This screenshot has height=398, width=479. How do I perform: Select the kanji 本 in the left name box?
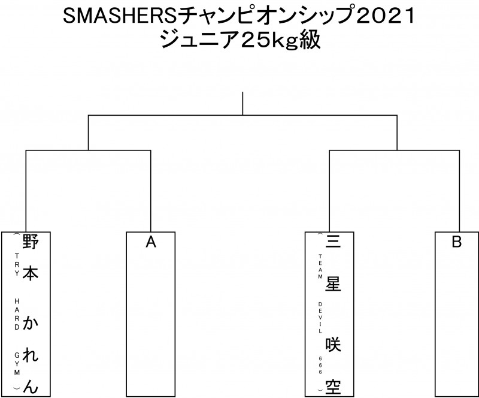pos(32,273)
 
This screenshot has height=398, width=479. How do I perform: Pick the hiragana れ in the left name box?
pos(32,358)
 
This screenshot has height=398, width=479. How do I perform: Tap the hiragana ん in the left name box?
pos(32,387)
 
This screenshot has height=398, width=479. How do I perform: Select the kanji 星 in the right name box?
pos(334,285)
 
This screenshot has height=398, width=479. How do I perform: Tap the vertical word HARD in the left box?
pos(17,310)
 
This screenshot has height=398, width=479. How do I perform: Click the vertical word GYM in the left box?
pos(17,361)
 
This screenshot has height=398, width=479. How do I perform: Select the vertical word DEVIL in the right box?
pos(320,318)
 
